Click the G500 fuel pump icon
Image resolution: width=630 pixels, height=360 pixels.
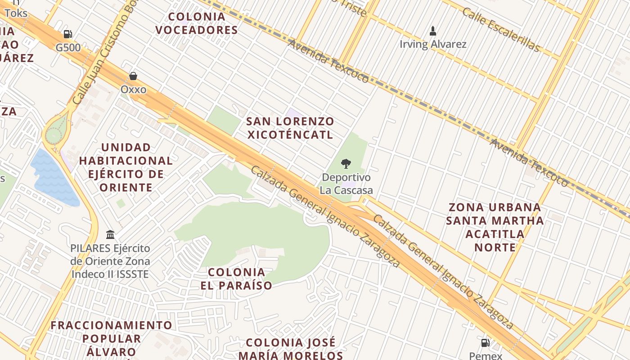tap(67, 34)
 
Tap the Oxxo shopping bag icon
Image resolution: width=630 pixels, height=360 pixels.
tap(133, 76)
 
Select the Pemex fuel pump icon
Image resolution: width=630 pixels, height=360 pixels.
tap(485, 343)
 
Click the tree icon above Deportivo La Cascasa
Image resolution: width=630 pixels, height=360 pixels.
tap(346, 164)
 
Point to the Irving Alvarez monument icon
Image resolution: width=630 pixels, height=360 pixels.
tap(433, 31)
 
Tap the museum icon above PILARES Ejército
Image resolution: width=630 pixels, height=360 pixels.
tap(110, 234)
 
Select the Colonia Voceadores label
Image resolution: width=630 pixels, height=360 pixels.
tap(196, 23)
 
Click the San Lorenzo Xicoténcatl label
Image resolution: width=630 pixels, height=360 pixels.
tap(290, 128)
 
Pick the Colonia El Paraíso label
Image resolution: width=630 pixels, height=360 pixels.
tap(239, 279)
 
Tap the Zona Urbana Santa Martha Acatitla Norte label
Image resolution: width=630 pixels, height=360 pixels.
tap(495, 227)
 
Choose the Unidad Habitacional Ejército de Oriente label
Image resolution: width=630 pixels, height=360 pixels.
tap(126, 167)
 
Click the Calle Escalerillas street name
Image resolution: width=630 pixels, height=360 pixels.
tap(500, 30)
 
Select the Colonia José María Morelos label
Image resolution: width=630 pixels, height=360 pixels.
tap(291, 349)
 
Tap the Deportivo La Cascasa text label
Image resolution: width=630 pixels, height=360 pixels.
tap(346, 184)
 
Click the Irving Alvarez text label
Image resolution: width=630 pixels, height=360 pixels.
tap(433, 44)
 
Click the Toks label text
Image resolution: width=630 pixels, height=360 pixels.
tap(16, 13)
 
